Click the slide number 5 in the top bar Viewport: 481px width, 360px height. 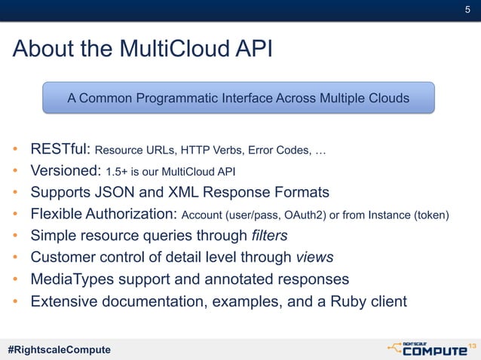(x=467, y=9)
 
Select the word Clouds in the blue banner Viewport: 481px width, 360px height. (x=388, y=98)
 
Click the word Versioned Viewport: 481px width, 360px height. (x=63, y=171)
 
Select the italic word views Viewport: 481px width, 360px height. (x=314, y=258)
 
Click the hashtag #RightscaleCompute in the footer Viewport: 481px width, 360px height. (x=59, y=349)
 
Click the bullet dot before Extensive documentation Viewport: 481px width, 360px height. (x=15, y=303)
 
